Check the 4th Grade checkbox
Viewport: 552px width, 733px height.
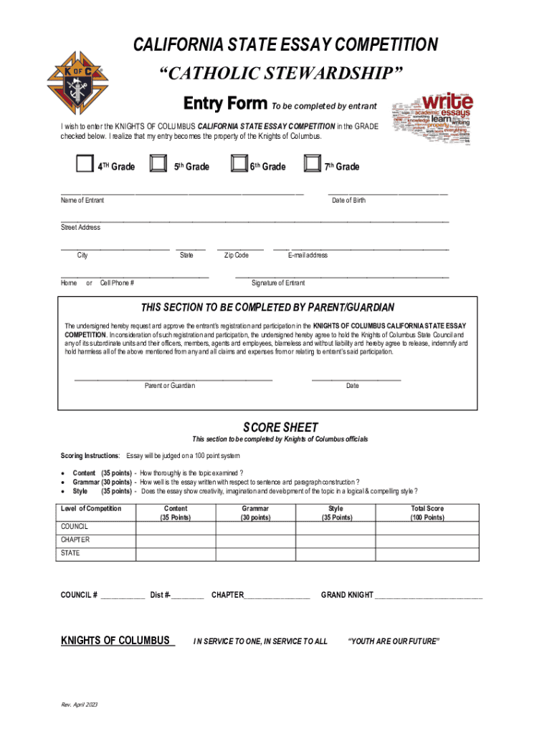[85, 165]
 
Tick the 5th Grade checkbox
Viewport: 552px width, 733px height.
[157, 165]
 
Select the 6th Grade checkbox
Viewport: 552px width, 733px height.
[238, 165]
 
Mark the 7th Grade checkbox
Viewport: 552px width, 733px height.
[312, 165]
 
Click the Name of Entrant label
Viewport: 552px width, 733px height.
[82, 200]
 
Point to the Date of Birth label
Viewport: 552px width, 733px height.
[348, 200]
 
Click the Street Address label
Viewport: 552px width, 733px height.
[80, 228]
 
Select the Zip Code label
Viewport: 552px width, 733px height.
[237, 256]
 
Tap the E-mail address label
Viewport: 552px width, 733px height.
[308, 256]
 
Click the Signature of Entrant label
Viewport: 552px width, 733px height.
[278, 283]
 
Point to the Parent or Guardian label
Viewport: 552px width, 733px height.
[169, 386]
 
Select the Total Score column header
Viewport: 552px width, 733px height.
[427, 513]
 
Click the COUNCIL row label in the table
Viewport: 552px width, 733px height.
[75, 527]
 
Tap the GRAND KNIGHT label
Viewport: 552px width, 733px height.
[347, 595]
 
